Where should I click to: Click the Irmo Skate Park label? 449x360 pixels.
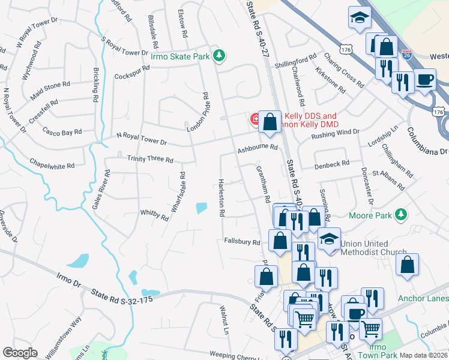[180, 56]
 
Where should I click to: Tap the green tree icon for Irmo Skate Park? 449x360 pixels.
[220, 56]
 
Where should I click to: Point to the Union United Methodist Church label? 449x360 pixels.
[373, 248]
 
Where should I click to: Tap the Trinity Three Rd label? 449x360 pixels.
[150, 160]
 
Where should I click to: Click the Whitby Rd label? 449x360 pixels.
[154, 213]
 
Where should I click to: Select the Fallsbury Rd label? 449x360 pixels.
[241, 242]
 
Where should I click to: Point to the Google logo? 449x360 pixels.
[20, 353]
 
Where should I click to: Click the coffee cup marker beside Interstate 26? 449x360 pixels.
[424, 79]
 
